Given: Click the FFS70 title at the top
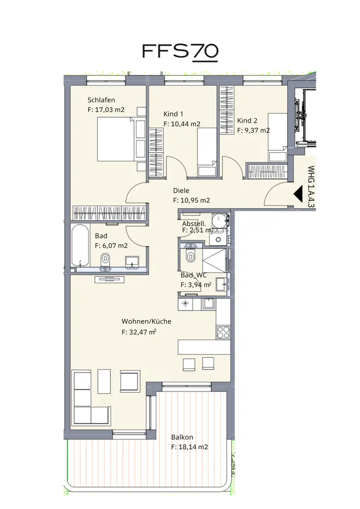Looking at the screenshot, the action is click(180, 51).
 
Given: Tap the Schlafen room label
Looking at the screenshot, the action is click(101, 100).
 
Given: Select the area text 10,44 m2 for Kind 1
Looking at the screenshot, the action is click(186, 124).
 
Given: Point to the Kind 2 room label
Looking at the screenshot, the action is click(247, 121).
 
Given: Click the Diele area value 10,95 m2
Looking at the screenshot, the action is click(195, 200).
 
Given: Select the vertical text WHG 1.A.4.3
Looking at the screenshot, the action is click(311, 187).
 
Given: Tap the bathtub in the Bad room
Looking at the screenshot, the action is click(79, 245).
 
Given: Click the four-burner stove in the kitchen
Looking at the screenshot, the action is click(223, 332).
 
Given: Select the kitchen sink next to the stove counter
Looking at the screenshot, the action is click(208, 304).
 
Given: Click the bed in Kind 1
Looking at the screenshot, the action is click(207, 152).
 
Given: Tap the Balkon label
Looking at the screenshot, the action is click(182, 437).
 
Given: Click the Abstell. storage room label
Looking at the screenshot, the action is click(194, 223).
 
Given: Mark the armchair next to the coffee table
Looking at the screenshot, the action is click(130, 381).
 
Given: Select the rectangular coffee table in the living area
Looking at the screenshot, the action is click(104, 381).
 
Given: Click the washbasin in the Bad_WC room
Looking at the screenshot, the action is click(223, 284).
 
